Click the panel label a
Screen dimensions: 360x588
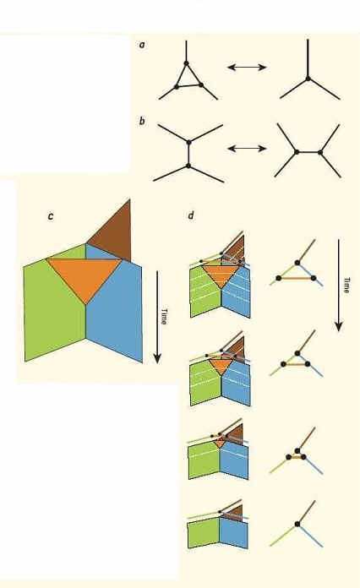[142, 45]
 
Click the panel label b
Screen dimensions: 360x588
[142, 121]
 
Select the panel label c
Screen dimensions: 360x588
[51, 217]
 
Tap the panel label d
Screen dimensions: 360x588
[191, 215]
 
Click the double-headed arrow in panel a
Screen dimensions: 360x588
[247, 67]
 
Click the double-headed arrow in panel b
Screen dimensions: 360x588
[247, 149]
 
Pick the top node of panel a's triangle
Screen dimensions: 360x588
[186, 63]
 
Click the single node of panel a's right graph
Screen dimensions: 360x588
[308, 79]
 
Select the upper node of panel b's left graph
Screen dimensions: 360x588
[188, 142]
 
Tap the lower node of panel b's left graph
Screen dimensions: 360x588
[188, 166]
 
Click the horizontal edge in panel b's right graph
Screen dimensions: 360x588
[308, 152]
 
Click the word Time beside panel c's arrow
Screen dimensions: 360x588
[164, 316]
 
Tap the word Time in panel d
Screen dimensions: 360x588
[346, 285]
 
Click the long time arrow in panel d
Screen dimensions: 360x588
[339, 286]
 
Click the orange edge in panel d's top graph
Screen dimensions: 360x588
[297, 278]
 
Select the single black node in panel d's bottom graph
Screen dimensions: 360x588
[297, 524]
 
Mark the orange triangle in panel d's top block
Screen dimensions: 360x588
[221, 275]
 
